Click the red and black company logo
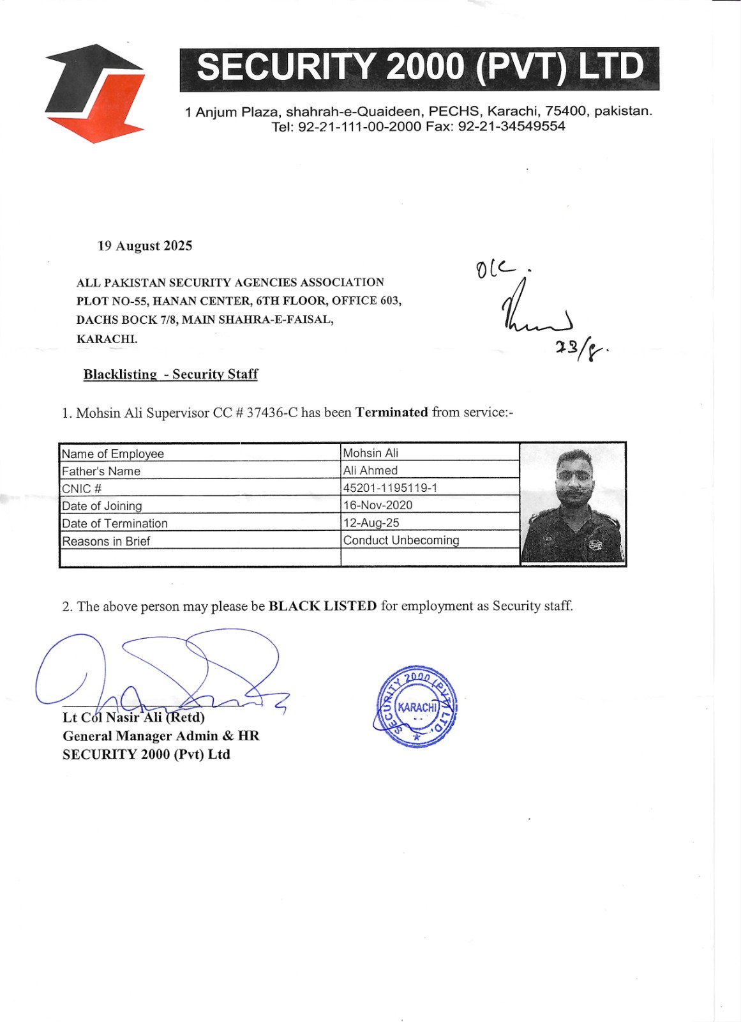click(x=94, y=93)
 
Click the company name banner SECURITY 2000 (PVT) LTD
click(x=419, y=68)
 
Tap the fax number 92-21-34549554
click(x=512, y=126)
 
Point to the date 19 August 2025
click(x=145, y=246)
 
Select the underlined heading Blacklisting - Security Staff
click(x=170, y=374)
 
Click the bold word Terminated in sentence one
click(x=391, y=412)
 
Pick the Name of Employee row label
click(x=113, y=454)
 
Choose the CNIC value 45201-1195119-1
click(x=390, y=487)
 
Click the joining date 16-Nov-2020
click(x=378, y=505)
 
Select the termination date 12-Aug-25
click(x=371, y=522)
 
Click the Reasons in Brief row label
click(x=106, y=541)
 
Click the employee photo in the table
click(x=573, y=503)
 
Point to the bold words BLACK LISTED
click(x=322, y=606)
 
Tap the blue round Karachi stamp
click(x=416, y=706)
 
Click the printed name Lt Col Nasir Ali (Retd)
click(x=133, y=717)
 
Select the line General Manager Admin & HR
click(x=161, y=736)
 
